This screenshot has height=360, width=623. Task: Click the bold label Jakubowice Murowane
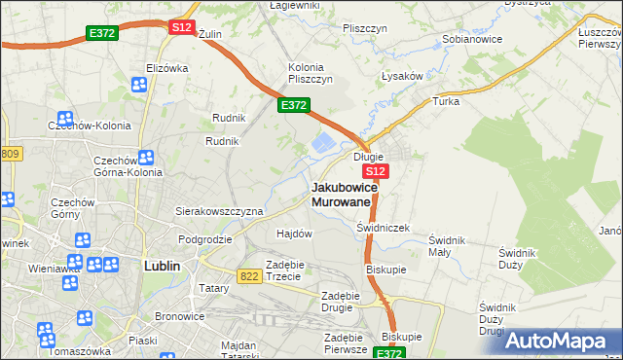(342, 194)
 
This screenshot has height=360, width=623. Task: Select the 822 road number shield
(248, 277)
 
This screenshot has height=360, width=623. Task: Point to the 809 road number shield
(11, 154)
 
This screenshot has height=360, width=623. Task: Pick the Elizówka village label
(166, 68)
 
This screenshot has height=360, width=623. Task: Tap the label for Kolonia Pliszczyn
(311, 73)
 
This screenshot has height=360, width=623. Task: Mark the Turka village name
(446, 101)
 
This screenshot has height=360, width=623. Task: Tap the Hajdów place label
(294, 234)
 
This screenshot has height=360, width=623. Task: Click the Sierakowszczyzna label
(219, 210)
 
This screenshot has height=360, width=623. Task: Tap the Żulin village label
(210, 34)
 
